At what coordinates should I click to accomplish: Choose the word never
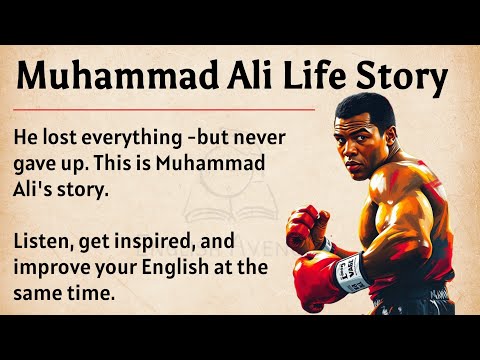[281, 139]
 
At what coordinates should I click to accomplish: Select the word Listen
[49, 242]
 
